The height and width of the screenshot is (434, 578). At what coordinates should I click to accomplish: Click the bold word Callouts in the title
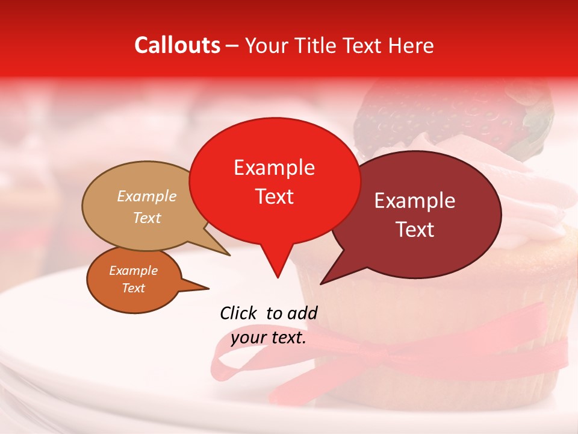point(177,45)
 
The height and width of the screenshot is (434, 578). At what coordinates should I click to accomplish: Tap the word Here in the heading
point(412,45)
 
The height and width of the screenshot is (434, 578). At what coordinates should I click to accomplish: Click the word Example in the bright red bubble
point(274,168)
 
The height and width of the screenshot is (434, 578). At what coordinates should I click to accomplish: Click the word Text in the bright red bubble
point(275,197)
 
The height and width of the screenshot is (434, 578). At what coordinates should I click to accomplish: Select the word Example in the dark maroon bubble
point(415,201)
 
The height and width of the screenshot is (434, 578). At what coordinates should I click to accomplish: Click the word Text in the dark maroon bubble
point(415,229)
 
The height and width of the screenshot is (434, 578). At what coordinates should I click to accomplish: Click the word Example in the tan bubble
point(147,197)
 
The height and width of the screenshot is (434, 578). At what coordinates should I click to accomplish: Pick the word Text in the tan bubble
point(147,218)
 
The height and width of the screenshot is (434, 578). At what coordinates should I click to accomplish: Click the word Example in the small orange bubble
point(133,271)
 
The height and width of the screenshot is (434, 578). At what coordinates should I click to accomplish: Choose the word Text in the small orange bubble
point(134,288)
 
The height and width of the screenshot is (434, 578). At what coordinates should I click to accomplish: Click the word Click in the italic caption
point(240,313)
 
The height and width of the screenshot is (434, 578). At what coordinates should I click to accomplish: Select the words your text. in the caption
point(269,338)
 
